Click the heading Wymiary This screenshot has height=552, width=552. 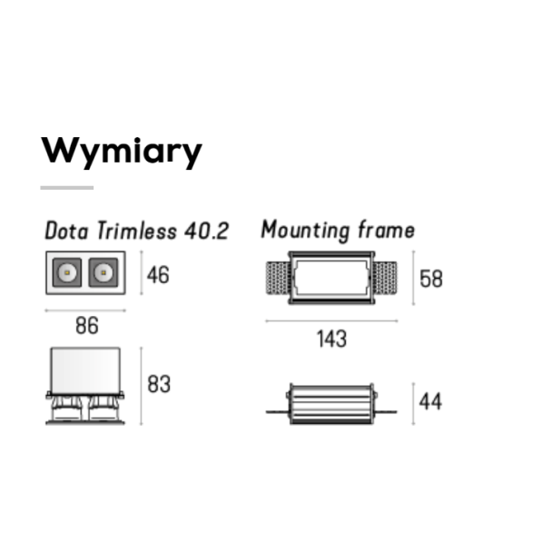pos(122,152)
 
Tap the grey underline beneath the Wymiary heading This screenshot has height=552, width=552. pos(67,188)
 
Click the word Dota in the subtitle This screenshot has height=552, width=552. pos(66,231)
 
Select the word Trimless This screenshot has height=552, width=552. pos(137,231)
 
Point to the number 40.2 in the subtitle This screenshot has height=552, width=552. pos(207,231)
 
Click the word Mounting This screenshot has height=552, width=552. pos(305,231)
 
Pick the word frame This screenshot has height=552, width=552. pos(386,230)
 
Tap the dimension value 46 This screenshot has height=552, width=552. pos(158,275)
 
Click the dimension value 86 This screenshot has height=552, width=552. pos(87,326)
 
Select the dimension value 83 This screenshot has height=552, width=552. pos(159,384)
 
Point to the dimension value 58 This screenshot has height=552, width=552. pos(431,279)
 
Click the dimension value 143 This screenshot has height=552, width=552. pos(331,339)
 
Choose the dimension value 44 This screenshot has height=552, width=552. pos(430,401)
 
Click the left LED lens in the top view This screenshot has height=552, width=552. pos(67,272)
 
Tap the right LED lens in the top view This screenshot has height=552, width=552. pos(103,272)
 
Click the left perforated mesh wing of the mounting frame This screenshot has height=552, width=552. pos(278,278)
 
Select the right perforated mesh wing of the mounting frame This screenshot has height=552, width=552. pos(385,278)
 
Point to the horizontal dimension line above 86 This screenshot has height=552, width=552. pos(85,310)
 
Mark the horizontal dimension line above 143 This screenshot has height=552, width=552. pos(331,320)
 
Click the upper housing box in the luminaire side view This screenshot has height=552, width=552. pos(85,370)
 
